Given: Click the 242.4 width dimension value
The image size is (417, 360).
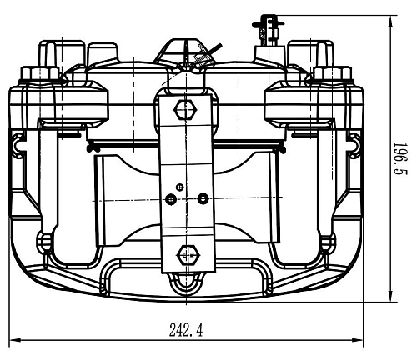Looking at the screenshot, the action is click(x=186, y=329).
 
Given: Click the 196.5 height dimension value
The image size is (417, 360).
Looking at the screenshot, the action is click(x=400, y=158).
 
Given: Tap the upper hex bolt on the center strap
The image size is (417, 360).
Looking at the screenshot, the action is click(x=185, y=110).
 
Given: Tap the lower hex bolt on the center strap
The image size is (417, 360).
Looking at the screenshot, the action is click(x=188, y=254).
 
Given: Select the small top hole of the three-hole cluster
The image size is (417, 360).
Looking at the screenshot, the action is click(x=180, y=187).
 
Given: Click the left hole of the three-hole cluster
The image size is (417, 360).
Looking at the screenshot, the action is click(x=170, y=199).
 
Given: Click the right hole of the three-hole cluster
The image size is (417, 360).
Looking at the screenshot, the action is click(x=203, y=198).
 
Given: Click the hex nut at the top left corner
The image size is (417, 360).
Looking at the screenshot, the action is click(x=40, y=73).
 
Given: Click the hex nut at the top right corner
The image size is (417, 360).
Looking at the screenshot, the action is click(x=333, y=73).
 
